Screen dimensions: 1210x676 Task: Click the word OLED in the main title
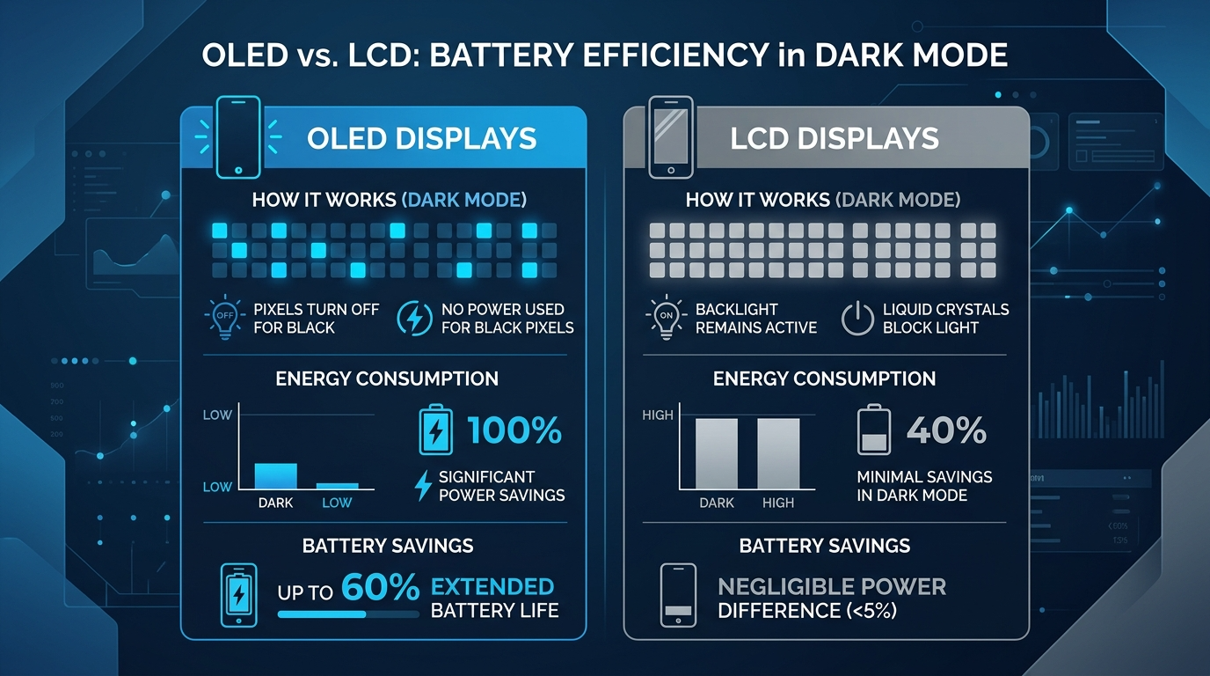tap(244, 55)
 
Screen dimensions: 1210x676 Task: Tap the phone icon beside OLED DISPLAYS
tap(238, 136)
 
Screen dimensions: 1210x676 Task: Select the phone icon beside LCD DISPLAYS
tap(670, 136)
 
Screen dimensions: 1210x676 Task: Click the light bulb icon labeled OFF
tap(225, 318)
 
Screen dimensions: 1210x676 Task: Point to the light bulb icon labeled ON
tap(666, 318)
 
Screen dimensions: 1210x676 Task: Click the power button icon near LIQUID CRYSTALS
tap(857, 319)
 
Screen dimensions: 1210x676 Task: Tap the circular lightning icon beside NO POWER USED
tap(414, 319)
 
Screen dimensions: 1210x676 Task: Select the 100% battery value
tap(514, 430)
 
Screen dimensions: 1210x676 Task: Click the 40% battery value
tap(946, 430)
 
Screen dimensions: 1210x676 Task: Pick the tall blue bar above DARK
tap(275, 476)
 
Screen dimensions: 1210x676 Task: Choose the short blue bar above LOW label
tap(337, 486)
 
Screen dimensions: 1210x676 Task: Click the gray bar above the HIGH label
tap(778, 453)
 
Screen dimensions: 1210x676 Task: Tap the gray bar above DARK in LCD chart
tap(717, 453)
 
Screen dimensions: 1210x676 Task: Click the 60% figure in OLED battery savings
tap(380, 587)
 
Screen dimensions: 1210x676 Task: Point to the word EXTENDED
tap(492, 587)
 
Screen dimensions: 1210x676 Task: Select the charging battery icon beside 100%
tap(436, 430)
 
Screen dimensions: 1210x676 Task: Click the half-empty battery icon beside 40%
tap(874, 430)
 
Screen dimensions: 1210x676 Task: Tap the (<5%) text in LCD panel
tap(871, 611)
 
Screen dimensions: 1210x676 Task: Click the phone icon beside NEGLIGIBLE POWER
tap(678, 595)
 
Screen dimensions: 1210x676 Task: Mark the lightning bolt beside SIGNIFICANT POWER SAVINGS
tap(423, 486)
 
